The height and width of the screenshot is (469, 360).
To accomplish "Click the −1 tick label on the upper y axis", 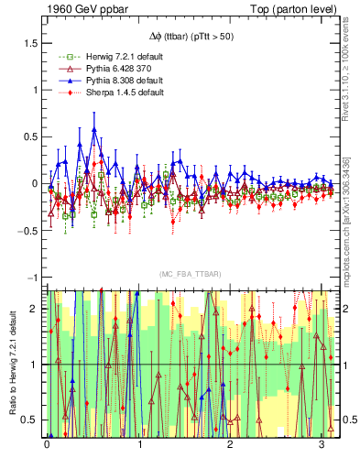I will (31, 277).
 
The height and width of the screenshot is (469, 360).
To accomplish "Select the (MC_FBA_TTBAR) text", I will (190, 274).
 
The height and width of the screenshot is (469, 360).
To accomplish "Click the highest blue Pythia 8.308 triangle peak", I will (94, 129).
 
